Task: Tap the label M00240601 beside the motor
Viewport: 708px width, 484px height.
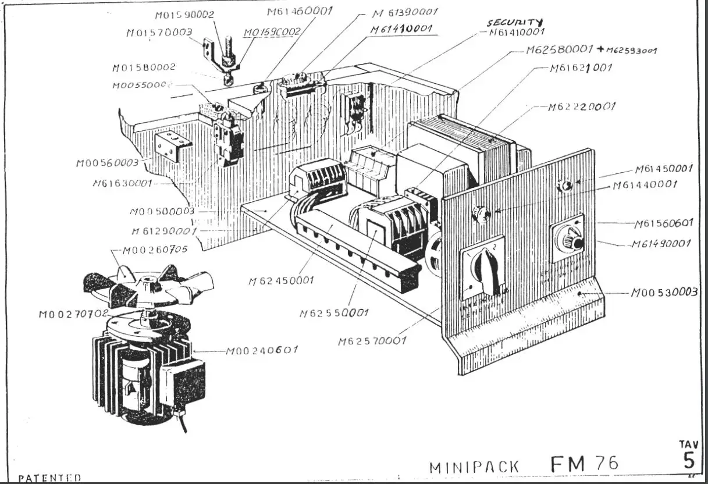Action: pyautogui.click(x=262, y=350)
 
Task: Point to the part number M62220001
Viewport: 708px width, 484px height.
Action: pyautogui.click(x=581, y=107)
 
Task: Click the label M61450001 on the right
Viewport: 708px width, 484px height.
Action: pyautogui.click(x=663, y=169)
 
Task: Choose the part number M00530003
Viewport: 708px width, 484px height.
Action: pyautogui.click(x=664, y=292)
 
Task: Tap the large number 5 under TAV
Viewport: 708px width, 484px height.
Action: pyautogui.click(x=689, y=461)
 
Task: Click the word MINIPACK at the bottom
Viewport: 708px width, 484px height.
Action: pyautogui.click(x=474, y=467)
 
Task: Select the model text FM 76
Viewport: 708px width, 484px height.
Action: pyautogui.click(x=584, y=464)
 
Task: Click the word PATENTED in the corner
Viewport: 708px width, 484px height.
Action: pyautogui.click(x=49, y=478)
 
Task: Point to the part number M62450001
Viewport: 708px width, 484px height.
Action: pyautogui.click(x=281, y=280)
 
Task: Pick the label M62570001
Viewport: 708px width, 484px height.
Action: pyautogui.click(x=372, y=341)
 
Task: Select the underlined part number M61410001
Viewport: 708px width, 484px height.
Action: pyautogui.click(x=400, y=29)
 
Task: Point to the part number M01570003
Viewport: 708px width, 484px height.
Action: pyautogui.click(x=159, y=33)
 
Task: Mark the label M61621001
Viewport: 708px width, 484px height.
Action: pyautogui.click(x=581, y=68)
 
